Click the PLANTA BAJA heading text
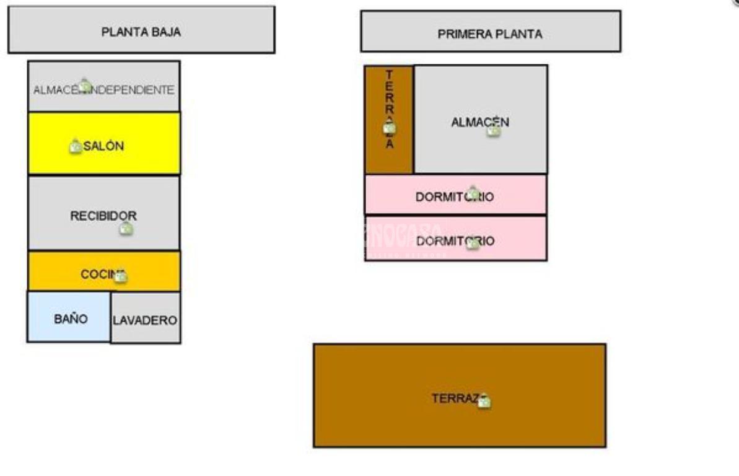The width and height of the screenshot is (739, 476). tap(141, 33)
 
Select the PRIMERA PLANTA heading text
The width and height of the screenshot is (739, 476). tap(489, 34)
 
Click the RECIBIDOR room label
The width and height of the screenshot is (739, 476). tap(103, 216)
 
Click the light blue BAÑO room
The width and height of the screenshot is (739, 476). tap(70, 319)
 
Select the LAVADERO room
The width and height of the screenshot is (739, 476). tap(145, 320)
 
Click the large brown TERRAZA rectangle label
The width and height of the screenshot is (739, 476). tap(453, 399)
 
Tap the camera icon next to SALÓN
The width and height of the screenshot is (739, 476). tap(76, 147)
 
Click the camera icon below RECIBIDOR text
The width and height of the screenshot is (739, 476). tap(126, 229)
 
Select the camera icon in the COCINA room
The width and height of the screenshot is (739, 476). tap(121, 276)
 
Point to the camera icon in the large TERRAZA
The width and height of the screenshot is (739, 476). tap(484, 402)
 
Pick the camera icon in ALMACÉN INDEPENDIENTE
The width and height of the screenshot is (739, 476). tap(85, 85)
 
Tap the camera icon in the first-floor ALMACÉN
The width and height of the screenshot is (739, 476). tap(493, 130)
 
